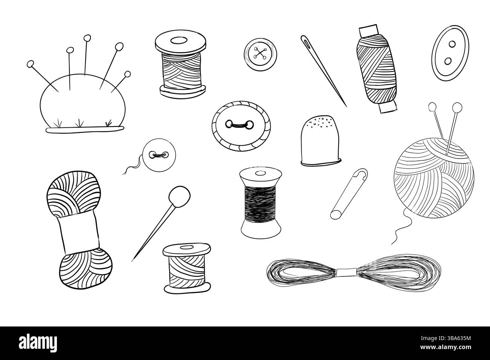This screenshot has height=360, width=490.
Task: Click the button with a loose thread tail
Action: (x=158, y=155)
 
